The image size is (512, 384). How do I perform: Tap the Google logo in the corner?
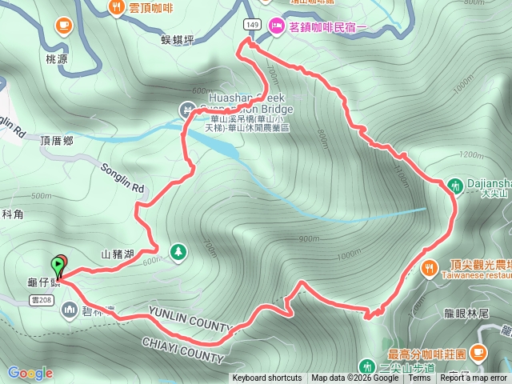(x=30, y=373)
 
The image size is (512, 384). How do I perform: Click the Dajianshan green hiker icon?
(x=454, y=186)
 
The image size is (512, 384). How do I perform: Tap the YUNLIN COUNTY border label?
(x=190, y=319)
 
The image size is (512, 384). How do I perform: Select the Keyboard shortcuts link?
(x=267, y=378)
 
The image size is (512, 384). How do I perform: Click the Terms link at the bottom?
(x=419, y=378)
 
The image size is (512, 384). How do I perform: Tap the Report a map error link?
(x=474, y=378)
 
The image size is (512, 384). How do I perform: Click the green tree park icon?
(x=178, y=251)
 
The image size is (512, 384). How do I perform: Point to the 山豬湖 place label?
(x=118, y=254)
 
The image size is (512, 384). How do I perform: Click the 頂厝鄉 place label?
(x=57, y=139)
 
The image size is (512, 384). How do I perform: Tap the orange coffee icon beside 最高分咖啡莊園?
(x=478, y=350)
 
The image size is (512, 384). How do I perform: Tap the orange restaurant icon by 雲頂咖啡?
(x=117, y=8)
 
